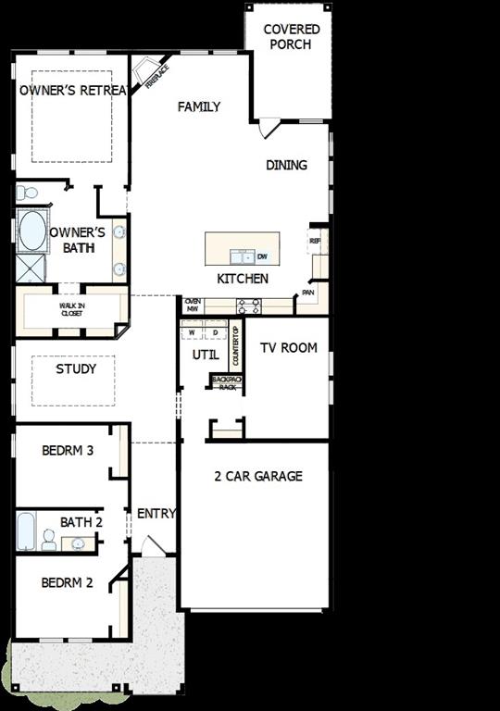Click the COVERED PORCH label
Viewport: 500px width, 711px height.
(x=292, y=37)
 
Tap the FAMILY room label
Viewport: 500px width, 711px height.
(x=199, y=106)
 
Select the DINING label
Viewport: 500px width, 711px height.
(x=286, y=166)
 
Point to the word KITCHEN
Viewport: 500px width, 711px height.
(x=243, y=279)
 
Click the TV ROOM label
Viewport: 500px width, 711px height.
(x=288, y=348)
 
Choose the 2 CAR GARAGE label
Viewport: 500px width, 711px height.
(x=258, y=477)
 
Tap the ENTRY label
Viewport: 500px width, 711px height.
(x=156, y=514)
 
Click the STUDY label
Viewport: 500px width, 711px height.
(x=76, y=369)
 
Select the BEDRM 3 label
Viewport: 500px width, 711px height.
(x=68, y=452)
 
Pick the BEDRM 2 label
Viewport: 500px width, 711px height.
(x=68, y=583)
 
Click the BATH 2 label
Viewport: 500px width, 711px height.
(x=81, y=522)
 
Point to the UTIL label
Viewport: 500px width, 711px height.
(x=206, y=355)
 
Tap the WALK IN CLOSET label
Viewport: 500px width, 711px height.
(x=71, y=309)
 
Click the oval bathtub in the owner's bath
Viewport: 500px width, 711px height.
(x=32, y=231)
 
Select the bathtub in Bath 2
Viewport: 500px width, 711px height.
(x=26, y=531)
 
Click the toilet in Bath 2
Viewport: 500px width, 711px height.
(x=48, y=539)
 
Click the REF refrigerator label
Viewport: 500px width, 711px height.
(x=315, y=241)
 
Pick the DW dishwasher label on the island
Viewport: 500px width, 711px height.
(x=262, y=256)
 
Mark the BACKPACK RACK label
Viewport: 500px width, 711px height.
(x=225, y=382)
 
